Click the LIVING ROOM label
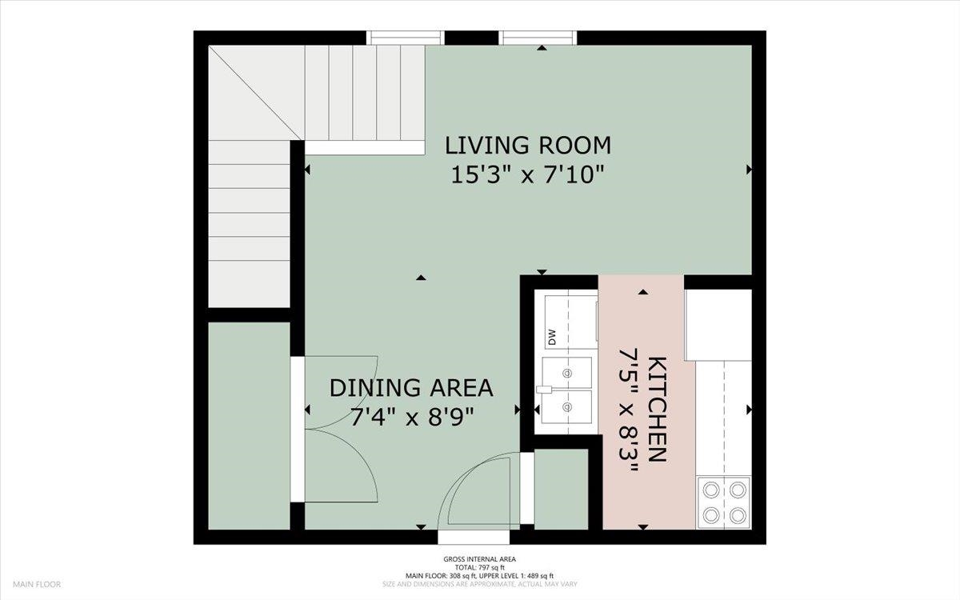pos(527,146)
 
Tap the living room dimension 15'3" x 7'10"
pos(527,175)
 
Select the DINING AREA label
pos(411,388)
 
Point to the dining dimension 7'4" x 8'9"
pos(412,417)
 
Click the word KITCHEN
pos(656,410)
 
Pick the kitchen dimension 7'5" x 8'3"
pos(629,410)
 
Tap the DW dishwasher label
pos(551,337)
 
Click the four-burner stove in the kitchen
pos(724,502)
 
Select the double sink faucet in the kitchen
pos(544,389)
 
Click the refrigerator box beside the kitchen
pos(718,325)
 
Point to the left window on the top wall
pos(406,38)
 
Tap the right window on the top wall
pos(538,38)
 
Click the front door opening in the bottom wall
pos(474,537)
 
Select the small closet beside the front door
pos(561,489)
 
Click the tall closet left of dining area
pos(249,426)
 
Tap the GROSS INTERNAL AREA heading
pos(479,559)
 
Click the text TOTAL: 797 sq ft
pos(479,567)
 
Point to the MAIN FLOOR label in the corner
pos(37,584)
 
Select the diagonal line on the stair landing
pos(256,93)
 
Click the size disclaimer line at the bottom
pos(479,584)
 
